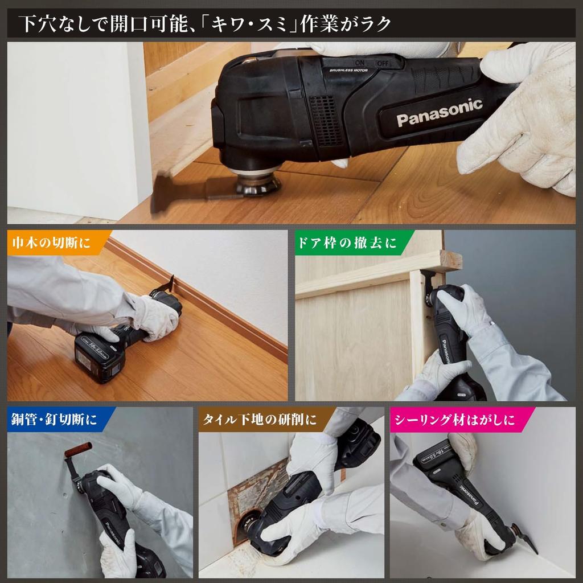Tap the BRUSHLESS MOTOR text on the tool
pyautogui.click(x=348, y=69)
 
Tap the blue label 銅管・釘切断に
pyautogui.click(x=54, y=420)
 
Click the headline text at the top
pyautogui.click(x=205, y=24)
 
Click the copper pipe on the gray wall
pyautogui.click(x=78, y=449)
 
